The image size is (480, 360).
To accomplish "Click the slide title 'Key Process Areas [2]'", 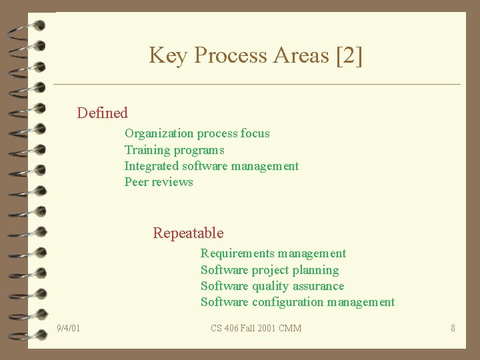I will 256,55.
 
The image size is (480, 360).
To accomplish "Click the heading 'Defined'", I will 102,113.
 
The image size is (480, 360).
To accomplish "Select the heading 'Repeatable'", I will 188,233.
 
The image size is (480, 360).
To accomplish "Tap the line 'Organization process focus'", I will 197,133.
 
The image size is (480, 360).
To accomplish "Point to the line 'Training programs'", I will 174,150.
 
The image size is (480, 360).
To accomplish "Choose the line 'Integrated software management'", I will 211,166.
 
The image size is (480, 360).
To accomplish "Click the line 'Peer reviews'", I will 159,182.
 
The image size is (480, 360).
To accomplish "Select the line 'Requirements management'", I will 273,253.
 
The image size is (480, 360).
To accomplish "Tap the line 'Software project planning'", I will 269,270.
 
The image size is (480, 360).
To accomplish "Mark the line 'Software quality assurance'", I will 273,286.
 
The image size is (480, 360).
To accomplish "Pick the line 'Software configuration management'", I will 297,303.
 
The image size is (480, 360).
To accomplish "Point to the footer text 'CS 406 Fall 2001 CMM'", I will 256,328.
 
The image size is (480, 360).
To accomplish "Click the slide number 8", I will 453,328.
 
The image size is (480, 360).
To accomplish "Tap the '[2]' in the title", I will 349,55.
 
